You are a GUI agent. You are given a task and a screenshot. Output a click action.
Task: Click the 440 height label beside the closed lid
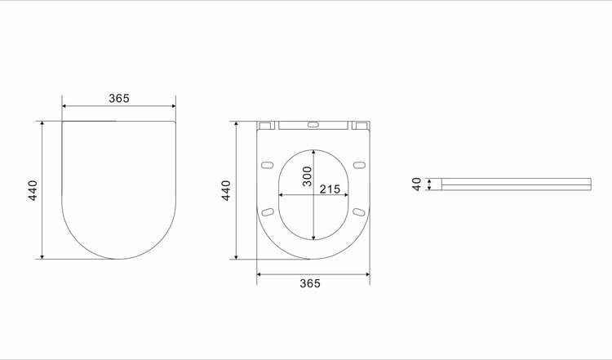[32, 189]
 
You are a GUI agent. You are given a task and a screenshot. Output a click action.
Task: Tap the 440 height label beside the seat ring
[226, 189]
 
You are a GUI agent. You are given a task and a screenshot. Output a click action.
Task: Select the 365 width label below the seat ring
[309, 283]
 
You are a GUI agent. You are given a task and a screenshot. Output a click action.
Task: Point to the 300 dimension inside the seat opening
[308, 177]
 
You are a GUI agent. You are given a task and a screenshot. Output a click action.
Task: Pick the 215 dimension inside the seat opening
[330, 189]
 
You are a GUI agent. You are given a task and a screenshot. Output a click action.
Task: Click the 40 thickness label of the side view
[416, 184]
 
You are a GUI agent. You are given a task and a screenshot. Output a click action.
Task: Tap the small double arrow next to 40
[428, 184]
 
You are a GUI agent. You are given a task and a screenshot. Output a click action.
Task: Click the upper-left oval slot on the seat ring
[266, 166]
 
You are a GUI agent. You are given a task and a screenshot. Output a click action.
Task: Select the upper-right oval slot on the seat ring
[359, 166]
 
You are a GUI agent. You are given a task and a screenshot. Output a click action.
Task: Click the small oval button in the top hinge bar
[313, 126]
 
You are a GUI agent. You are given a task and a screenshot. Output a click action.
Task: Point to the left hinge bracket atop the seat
[265, 127]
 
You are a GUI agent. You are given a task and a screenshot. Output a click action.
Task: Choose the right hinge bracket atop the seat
[360, 127]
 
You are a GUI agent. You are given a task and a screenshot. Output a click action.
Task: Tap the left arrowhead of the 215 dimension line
[282, 196]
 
